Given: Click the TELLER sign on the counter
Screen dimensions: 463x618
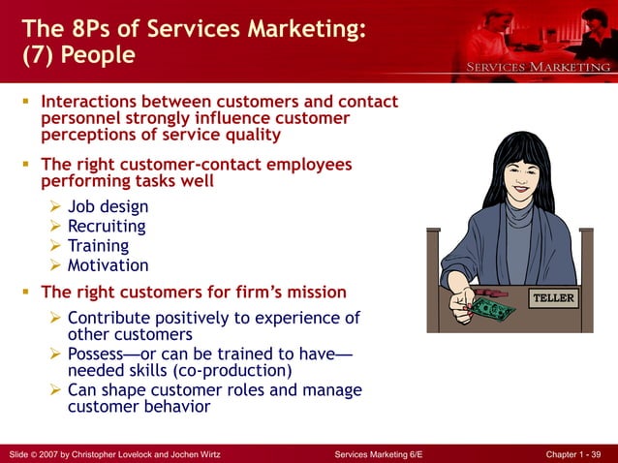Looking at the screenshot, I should pyautogui.click(x=554, y=298).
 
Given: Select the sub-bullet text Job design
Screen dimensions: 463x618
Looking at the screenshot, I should pyautogui.click(x=108, y=207).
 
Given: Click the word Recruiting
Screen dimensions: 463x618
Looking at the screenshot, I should pyautogui.click(x=107, y=227).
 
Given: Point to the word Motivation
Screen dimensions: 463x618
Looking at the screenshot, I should pyautogui.click(x=108, y=265).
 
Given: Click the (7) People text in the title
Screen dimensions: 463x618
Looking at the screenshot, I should pyautogui.click(x=78, y=54).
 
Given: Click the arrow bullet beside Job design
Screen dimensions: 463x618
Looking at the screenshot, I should pyautogui.click(x=56, y=207).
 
